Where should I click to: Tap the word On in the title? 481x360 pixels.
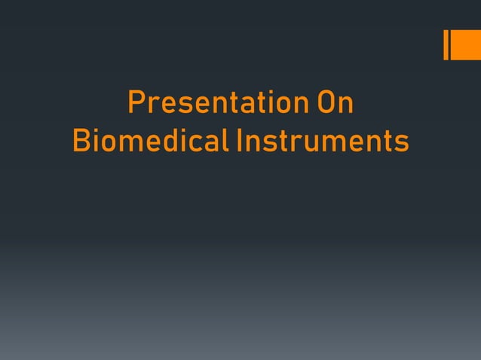pyautogui.click(x=335, y=103)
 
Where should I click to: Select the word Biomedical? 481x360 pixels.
pyautogui.click(x=151, y=141)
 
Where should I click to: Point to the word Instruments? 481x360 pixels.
pyautogui.click(x=322, y=141)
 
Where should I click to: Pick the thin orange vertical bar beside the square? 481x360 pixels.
pyautogui.click(x=446, y=44)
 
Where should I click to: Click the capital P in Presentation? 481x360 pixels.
pyautogui.click(x=136, y=103)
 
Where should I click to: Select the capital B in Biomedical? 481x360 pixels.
pyautogui.click(x=80, y=141)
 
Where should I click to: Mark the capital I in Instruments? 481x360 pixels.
pyautogui.click(x=239, y=141)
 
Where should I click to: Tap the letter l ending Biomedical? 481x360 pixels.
pyautogui.click(x=225, y=141)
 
